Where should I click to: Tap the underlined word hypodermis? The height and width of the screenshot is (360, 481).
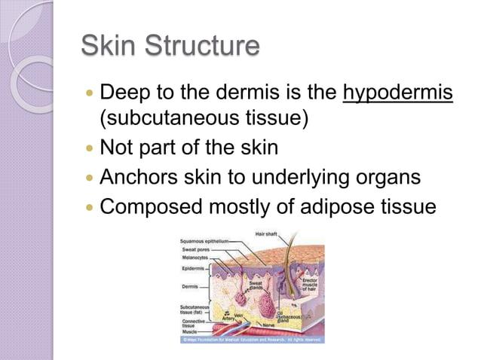[398, 95]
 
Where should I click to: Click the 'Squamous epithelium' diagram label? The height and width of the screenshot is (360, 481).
[204, 241]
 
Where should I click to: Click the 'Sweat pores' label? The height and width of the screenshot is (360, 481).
[195, 249]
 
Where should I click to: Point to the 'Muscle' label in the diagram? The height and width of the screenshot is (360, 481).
[188, 331]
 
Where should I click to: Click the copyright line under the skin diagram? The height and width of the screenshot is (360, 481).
[251, 339]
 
